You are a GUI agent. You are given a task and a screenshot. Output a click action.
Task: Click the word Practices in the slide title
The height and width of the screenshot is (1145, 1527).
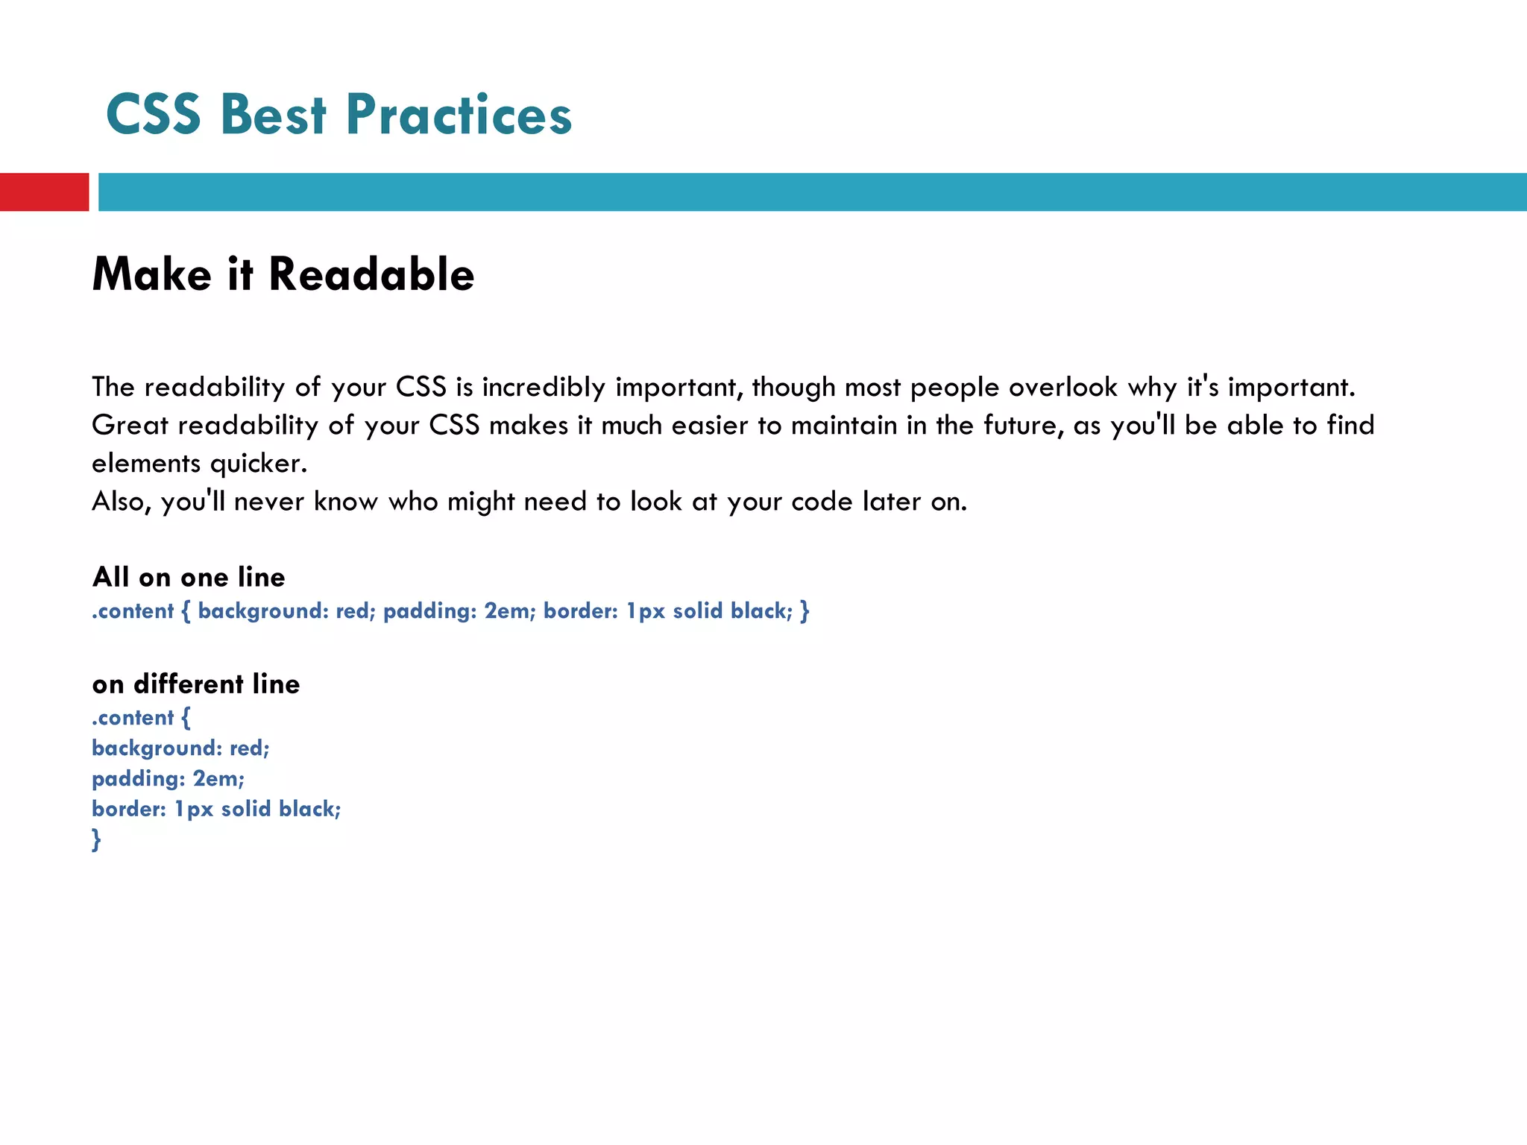click(459, 116)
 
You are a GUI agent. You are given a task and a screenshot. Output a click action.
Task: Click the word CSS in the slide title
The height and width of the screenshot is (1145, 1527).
click(154, 116)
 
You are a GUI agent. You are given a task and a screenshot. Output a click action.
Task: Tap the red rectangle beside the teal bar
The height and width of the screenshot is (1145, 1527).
click(44, 192)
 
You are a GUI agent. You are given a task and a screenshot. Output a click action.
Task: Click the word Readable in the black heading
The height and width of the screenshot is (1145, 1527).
click(371, 274)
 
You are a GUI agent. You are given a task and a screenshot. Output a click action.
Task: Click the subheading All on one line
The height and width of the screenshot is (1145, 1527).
click(189, 577)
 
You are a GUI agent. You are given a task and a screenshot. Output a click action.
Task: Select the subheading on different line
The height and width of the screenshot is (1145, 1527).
click(196, 684)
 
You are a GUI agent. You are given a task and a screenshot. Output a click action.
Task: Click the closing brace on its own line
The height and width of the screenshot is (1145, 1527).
click(96, 839)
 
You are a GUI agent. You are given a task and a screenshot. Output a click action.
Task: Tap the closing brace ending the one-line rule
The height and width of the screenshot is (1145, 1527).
click(805, 611)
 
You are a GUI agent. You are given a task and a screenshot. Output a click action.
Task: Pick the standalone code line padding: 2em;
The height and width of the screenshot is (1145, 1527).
click(169, 779)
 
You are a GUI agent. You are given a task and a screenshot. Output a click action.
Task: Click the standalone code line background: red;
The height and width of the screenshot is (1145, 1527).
click(180, 748)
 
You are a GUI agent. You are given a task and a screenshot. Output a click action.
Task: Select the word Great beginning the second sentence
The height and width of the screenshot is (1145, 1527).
click(130, 426)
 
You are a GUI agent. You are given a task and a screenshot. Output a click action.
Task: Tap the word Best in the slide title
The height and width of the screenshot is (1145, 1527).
click(274, 116)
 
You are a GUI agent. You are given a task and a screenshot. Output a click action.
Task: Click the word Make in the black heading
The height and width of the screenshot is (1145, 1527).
click(152, 274)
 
